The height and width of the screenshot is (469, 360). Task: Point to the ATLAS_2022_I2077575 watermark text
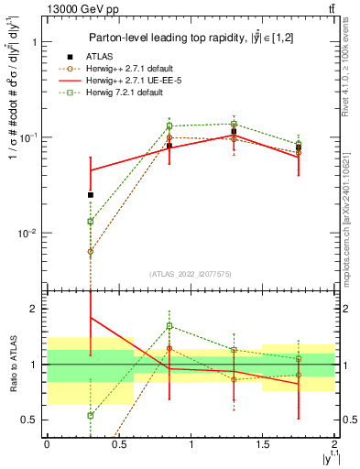(x=191, y=274)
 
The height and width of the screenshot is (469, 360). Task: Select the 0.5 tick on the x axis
(x=119, y=446)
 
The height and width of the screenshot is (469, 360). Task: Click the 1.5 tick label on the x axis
(x=263, y=446)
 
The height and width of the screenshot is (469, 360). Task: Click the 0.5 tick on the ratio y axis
(x=29, y=420)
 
